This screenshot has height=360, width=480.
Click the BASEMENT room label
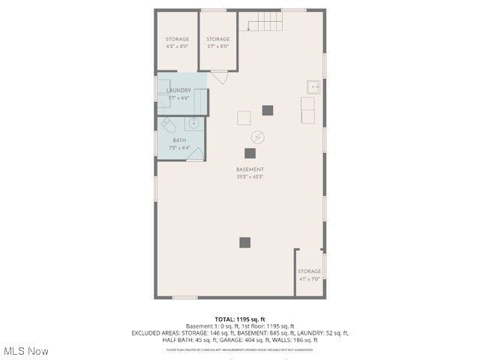click(x=250, y=170)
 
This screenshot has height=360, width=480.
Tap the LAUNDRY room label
click(x=178, y=90)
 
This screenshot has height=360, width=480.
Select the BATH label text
click(x=179, y=140)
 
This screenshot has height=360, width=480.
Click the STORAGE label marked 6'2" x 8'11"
click(x=177, y=39)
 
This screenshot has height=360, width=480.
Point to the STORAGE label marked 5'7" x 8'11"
click(x=218, y=39)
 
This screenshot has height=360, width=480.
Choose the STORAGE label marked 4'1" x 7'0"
click(x=309, y=271)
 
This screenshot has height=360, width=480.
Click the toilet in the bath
click(x=167, y=124)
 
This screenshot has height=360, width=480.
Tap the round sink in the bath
click(x=193, y=124)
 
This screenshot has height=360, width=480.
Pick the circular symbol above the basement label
click(x=257, y=138)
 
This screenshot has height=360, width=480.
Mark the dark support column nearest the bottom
click(x=244, y=242)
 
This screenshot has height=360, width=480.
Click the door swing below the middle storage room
click(x=219, y=76)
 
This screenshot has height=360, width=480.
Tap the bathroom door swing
click(x=196, y=154)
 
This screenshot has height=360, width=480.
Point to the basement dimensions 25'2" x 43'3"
click(x=250, y=177)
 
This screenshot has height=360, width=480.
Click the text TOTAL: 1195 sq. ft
click(x=240, y=319)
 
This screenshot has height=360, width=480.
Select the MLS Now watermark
click(x=26, y=351)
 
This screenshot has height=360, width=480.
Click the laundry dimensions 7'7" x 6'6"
click(x=178, y=97)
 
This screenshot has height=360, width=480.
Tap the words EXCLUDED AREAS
click(x=153, y=332)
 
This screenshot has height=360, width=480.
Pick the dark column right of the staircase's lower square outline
click(x=268, y=110)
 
